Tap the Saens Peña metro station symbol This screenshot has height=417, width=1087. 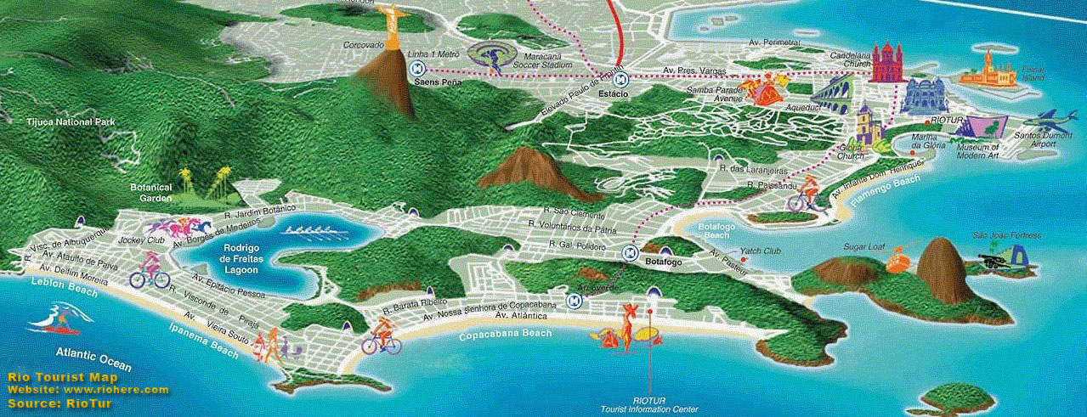coord(433,70)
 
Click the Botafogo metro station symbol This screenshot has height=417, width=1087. coord(631,251)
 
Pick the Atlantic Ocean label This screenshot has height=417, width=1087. coord(93,358)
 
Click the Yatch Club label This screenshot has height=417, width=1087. coord(761,251)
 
